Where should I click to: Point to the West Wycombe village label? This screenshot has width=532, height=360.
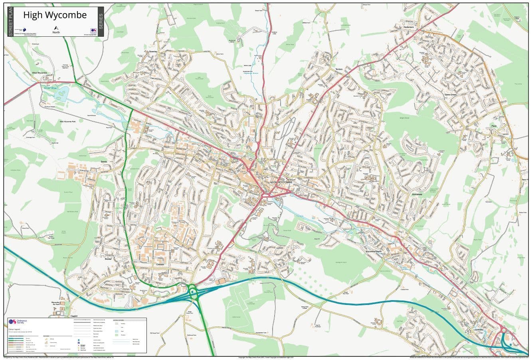pyautogui.click(x=40, y=73)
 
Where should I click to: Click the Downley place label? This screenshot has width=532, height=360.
pyautogui.click(x=153, y=52)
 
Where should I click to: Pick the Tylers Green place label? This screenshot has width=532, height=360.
pyautogui.click(x=450, y=95)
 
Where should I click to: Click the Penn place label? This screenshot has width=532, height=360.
pyautogui.click(x=494, y=126)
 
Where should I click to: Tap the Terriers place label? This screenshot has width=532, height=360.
pyautogui.click(x=339, y=69)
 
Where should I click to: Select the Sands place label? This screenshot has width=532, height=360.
pyautogui.click(x=104, y=162)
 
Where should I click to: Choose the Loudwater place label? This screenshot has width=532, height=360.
pyautogui.click(x=479, y=329)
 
